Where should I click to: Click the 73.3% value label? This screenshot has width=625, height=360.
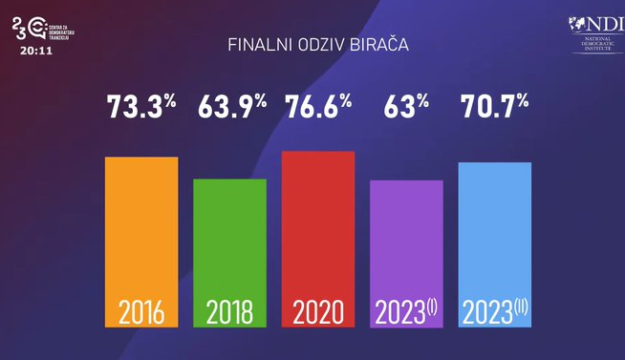pos(141,107)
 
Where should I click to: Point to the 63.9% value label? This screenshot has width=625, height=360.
pos(231,107)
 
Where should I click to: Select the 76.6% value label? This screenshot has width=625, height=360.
pos(319,107)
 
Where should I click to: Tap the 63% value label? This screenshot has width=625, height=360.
pos(406,107)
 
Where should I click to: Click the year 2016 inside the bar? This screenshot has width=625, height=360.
pos(141,312)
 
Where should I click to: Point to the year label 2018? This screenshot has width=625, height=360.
pos(230,312)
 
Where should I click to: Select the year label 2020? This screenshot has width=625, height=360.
pos(318,312)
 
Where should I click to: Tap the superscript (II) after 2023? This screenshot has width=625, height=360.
pos(521,306)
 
